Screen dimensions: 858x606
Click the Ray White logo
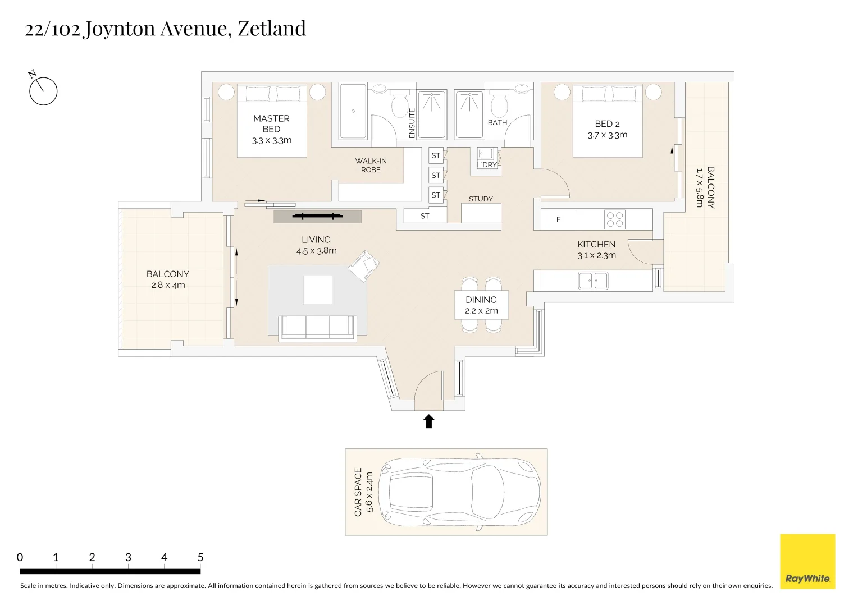(x=807, y=561)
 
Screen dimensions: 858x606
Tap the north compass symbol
(x=43, y=91)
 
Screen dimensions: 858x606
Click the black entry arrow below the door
(x=429, y=421)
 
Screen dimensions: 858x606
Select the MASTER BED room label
(x=271, y=123)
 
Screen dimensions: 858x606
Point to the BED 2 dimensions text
(x=608, y=135)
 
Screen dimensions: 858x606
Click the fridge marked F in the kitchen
(x=558, y=219)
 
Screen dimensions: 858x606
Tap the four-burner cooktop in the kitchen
(x=615, y=219)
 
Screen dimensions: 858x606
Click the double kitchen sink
(x=593, y=280)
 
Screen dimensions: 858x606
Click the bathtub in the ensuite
(x=353, y=111)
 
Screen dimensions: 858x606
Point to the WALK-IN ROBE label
(x=371, y=165)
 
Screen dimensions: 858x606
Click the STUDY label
(x=481, y=199)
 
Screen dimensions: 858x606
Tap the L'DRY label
(x=487, y=165)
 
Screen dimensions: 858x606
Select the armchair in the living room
(x=364, y=265)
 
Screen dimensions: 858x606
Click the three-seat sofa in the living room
(x=317, y=328)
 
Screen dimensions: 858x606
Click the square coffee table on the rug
(x=318, y=290)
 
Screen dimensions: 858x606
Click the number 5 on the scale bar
(x=200, y=557)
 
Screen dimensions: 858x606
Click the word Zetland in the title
(x=272, y=28)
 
